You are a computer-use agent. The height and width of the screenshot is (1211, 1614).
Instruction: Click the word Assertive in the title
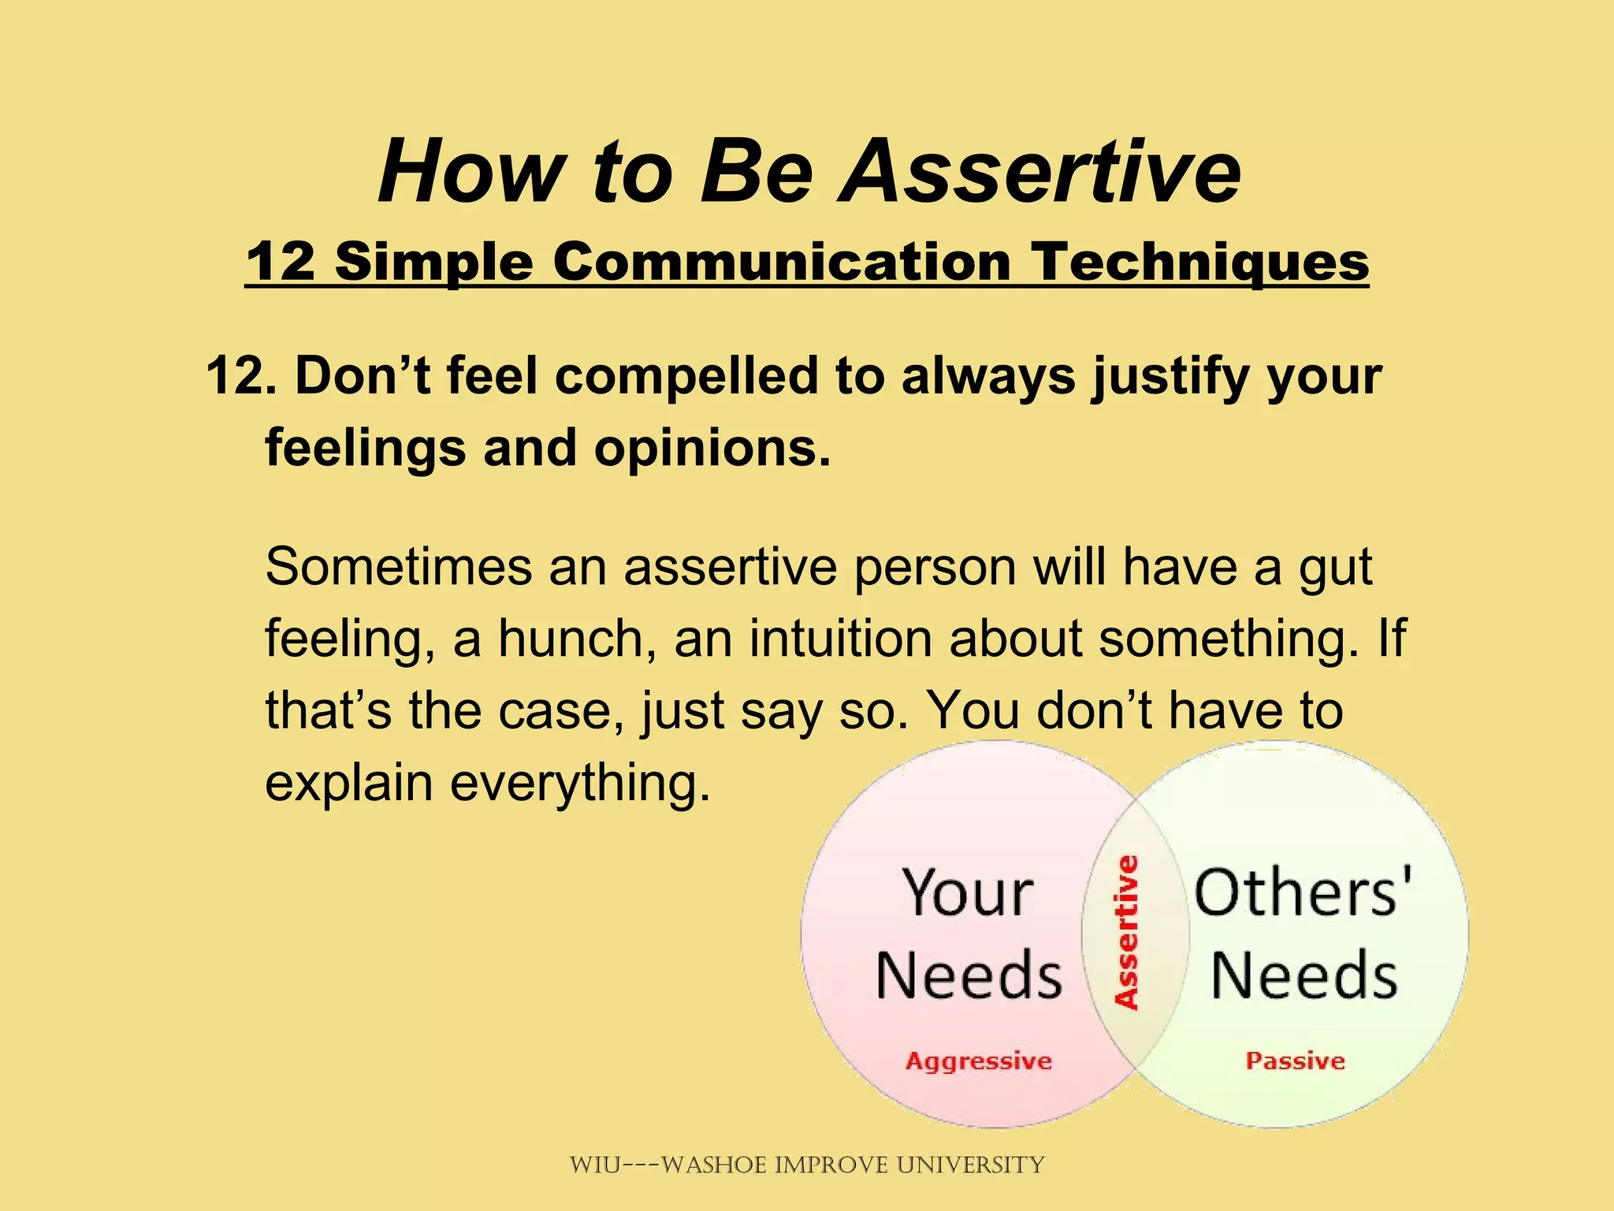1039,172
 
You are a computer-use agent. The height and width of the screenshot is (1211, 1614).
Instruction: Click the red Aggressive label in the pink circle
979,1061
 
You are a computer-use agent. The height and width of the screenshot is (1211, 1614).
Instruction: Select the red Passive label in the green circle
1295,1060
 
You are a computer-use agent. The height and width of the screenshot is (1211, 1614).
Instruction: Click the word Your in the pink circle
968,893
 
